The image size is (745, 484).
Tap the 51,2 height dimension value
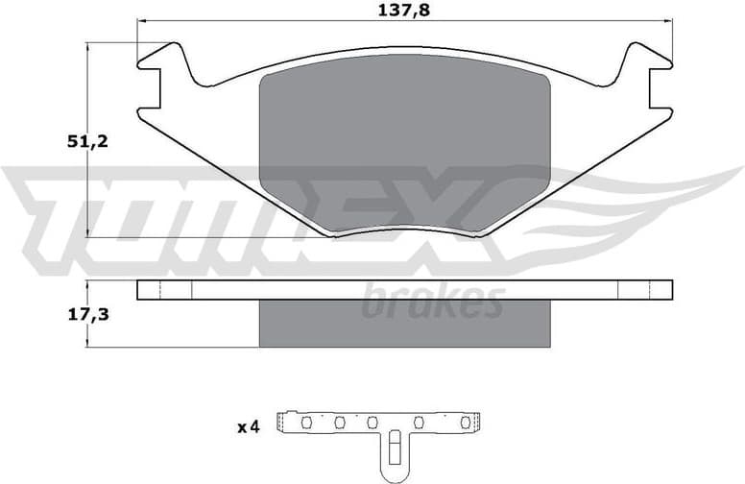[x=87, y=141]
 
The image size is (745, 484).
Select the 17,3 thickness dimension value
[x=87, y=312]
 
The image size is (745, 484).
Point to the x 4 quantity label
[x=248, y=426]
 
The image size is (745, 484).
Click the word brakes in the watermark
[x=432, y=302]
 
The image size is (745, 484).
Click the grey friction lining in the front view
[x=404, y=144]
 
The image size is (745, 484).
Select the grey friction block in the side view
[x=404, y=323]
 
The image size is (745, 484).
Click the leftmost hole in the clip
[x=306, y=422]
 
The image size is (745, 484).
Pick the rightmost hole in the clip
[x=466, y=422]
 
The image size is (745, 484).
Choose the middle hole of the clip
[x=372, y=422]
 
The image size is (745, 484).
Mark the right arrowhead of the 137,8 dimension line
[x=668, y=20]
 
